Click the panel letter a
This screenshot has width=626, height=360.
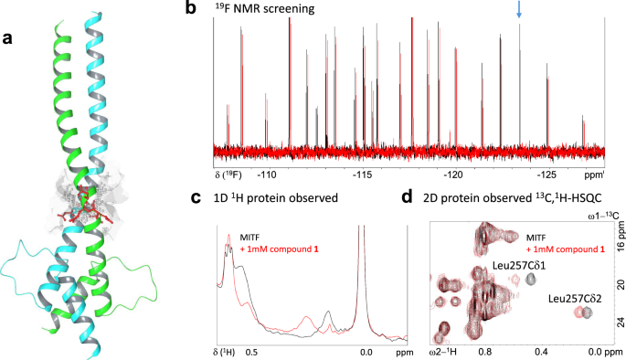[8, 37]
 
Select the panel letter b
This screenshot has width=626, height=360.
[216, 9]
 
